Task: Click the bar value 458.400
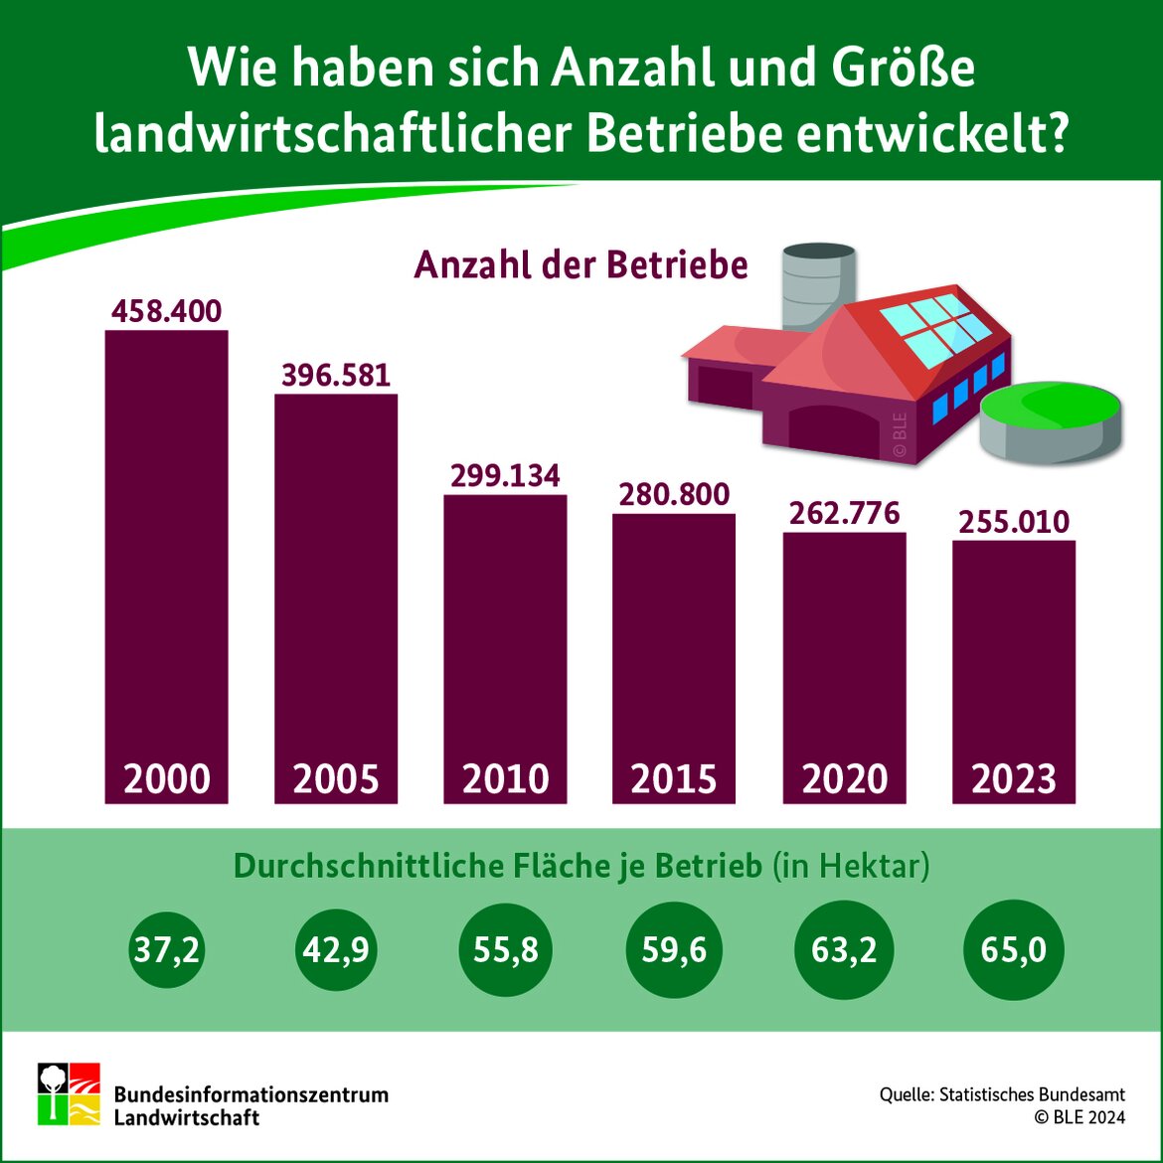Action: point(166,311)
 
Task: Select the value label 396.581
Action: point(336,376)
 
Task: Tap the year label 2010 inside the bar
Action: point(505,778)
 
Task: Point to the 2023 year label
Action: point(1014,778)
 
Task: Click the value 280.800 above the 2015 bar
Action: point(674,494)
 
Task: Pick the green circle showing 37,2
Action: point(166,950)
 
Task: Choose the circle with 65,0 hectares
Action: point(1014,950)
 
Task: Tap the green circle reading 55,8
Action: point(505,950)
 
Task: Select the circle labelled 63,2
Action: point(844,950)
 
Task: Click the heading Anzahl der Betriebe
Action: point(581,265)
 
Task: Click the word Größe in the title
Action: point(900,68)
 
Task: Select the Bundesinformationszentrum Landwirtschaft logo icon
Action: point(69,1093)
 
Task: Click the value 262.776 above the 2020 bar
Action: point(844,513)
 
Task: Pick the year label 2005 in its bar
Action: point(336,778)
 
